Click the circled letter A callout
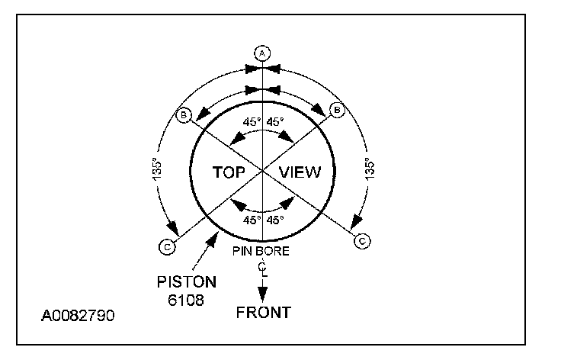262,53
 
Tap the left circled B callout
183,115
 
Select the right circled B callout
339,111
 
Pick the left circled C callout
165,246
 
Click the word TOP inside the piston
228,172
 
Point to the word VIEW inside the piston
301,172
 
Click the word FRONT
263,312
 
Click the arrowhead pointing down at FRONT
263,294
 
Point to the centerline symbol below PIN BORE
263,267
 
